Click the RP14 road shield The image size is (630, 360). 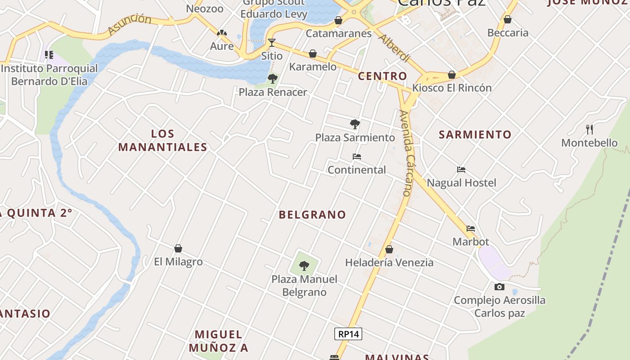[348, 334]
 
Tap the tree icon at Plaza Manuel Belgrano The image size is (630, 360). [304, 266]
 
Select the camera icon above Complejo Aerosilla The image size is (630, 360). [499, 287]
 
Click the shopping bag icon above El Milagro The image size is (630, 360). [178, 248]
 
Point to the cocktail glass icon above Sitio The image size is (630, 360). [272, 43]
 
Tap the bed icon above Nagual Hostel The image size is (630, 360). [461, 170]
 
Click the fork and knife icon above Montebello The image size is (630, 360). [589, 130]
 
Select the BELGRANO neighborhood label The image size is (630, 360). [312, 215]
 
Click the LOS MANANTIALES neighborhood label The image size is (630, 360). [162, 140]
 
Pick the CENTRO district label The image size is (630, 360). [382, 76]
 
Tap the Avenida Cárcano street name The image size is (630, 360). [406, 153]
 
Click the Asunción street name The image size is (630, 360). [130, 24]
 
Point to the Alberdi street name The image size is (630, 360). [394, 47]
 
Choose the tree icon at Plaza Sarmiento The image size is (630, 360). [355, 124]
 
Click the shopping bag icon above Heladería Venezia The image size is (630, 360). [389, 249]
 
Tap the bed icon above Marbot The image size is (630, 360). [471, 229]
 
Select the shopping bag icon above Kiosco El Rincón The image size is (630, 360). [452, 75]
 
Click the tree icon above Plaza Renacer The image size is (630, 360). [272, 79]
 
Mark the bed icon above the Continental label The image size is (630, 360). [357, 157]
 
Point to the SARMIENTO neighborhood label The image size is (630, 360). [475, 135]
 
